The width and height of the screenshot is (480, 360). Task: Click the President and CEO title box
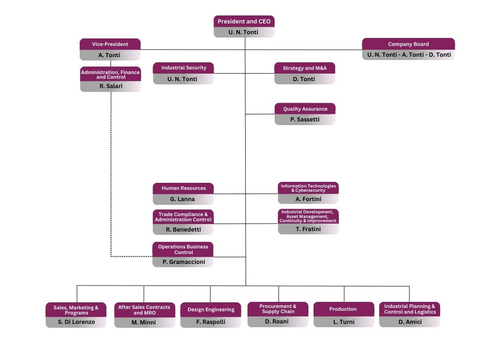tap(244, 22)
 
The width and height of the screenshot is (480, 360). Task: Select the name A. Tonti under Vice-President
tap(110, 55)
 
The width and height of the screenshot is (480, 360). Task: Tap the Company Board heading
tap(408, 44)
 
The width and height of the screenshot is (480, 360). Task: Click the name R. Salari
tap(111, 86)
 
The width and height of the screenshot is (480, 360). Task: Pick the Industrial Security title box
tap(183, 68)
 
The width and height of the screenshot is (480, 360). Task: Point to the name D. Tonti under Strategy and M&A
tap(305, 79)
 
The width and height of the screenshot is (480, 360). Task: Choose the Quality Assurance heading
tap(305, 109)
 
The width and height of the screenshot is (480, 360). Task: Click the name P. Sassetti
tap(305, 120)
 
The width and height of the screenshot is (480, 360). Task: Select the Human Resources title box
tap(183, 188)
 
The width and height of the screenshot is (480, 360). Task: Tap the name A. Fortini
tap(308, 199)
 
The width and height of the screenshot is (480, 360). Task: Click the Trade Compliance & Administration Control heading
tap(183, 217)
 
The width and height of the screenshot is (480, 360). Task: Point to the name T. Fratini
tap(308, 229)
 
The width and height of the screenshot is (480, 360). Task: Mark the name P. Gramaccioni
tap(183, 262)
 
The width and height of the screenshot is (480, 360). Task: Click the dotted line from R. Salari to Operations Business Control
tap(111, 187)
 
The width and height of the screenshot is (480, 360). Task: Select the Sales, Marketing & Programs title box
tap(76, 310)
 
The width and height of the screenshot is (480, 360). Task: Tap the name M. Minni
tap(144, 322)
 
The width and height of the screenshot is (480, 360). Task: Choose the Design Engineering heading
tap(211, 309)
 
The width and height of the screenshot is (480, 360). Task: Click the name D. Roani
tap(278, 322)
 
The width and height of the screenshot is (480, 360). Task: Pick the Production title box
tap(344, 309)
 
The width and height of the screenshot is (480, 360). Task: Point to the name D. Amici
tap(410, 322)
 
